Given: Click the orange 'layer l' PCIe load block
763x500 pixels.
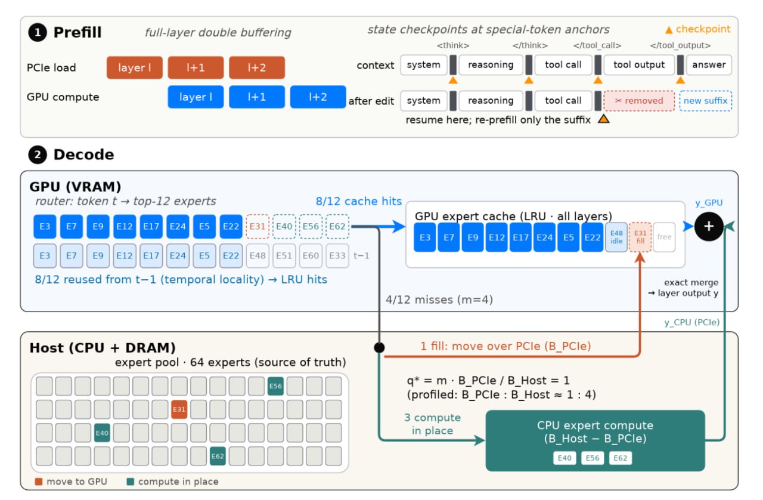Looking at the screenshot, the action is coord(135,67).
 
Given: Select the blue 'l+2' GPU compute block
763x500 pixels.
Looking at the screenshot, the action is coord(318,97).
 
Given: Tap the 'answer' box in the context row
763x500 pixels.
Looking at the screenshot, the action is coord(709,65).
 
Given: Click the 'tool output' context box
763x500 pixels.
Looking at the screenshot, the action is coord(639,65).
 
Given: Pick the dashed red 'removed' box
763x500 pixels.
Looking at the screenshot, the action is coord(639,101).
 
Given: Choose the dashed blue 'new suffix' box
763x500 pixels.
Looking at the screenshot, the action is coord(705,101).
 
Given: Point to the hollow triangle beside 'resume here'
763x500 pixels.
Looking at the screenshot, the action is coord(604,119).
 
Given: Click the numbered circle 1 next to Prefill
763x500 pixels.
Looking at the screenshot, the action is coord(38,32).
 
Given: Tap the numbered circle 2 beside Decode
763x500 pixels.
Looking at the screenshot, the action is coord(38,155).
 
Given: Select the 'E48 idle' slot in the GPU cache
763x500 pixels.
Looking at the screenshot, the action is coord(616,237).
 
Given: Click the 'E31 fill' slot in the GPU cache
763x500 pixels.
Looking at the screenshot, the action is coord(640,237).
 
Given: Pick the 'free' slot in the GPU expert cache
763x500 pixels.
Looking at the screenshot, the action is coord(664,237).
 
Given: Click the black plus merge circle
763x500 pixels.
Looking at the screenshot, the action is coord(709,227).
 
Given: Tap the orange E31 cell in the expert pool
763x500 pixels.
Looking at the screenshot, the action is coord(179,409).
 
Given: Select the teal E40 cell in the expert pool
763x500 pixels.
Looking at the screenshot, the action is coord(102,433).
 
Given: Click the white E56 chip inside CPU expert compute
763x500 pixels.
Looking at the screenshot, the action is coord(593,458).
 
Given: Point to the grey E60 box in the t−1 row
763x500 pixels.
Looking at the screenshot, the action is coord(311,255).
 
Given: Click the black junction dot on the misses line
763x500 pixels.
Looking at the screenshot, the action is coord(379,347).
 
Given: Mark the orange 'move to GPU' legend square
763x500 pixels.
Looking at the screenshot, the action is coord(39,482).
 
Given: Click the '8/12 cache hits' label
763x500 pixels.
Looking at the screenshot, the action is coord(359,201).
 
